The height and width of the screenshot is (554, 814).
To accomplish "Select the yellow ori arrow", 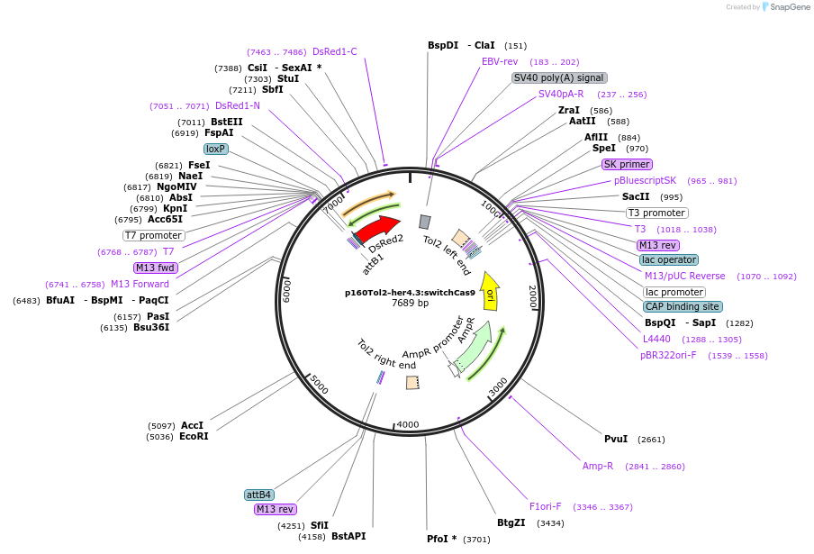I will coord(490,291).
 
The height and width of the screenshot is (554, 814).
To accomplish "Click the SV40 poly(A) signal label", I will coord(559,78).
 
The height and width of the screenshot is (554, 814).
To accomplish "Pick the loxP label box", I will coord(215,149).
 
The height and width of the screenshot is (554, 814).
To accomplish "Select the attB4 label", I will coord(259,495).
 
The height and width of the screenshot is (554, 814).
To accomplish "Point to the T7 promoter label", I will coord(154,236).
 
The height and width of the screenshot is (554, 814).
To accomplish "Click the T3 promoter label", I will coord(656,213).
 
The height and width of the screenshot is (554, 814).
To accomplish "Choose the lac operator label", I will coord(669,259).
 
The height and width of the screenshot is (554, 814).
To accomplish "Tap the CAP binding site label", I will coord(683,306).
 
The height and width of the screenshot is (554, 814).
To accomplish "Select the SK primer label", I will coord(627,165).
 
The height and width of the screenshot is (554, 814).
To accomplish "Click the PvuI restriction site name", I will coord(616,440).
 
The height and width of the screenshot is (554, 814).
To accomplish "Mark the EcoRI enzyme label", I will coord(194,437).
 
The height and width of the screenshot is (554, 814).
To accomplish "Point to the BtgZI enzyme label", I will coord(511,522).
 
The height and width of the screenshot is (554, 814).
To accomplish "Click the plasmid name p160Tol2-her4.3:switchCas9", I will coord(410,293).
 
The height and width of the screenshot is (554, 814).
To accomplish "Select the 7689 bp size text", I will coord(410,304).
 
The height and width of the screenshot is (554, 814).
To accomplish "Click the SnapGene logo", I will coord(785,7).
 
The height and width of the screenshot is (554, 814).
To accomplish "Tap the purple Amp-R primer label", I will coord(598,467).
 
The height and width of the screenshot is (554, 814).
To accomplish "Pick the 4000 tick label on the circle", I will coord(407,424).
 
